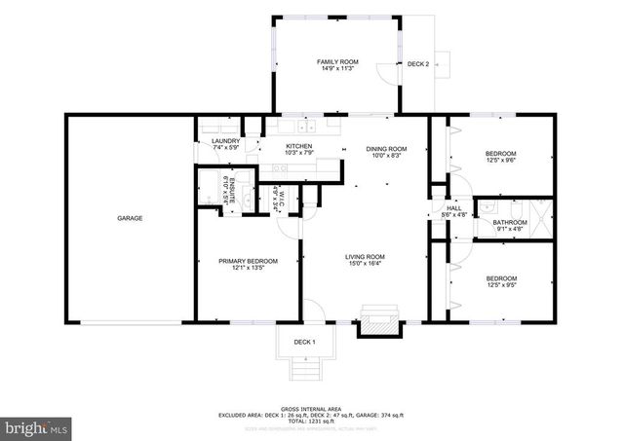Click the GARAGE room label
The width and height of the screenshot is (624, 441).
point(130,218)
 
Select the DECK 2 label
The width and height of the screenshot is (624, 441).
point(418,63)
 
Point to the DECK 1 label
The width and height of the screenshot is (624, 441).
point(304,342)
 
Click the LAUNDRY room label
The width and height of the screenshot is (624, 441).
point(225,141)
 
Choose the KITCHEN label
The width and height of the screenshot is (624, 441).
point(298,146)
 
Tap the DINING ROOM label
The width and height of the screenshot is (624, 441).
point(385,149)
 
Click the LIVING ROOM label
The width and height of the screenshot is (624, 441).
point(365,257)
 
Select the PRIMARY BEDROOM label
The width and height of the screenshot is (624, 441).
point(248,261)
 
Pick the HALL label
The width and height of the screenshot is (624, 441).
point(453,207)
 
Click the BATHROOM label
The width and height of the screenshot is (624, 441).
point(509,222)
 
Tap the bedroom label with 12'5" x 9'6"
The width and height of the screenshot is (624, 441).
point(501,153)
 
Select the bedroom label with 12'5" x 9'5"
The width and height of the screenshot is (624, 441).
point(501,279)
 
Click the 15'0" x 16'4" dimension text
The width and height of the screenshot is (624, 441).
point(365,264)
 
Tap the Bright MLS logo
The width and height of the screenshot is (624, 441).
point(36,426)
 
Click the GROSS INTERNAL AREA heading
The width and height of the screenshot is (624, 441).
point(311,409)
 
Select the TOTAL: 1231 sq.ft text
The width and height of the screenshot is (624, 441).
point(311,421)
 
